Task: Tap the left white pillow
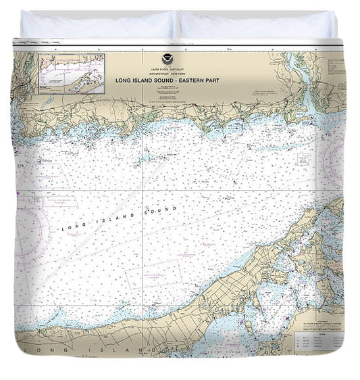click(97, 26)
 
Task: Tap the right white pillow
click(257, 26)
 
